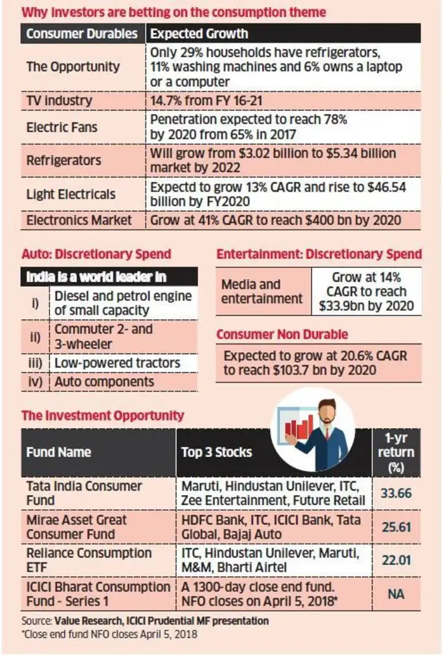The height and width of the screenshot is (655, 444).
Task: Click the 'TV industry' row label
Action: (x=59, y=101)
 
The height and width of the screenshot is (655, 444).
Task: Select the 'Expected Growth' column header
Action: (x=199, y=34)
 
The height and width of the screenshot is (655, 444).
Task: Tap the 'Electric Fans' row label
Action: (x=62, y=127)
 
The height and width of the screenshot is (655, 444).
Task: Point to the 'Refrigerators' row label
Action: (x=63, y=161)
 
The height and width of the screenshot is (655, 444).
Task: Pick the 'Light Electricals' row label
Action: (x=70, y=194)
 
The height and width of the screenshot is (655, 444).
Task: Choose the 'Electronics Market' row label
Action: (x=79, y=220)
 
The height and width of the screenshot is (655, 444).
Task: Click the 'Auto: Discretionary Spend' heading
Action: (x=96, y=254)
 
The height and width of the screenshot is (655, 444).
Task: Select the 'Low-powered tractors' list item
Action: (x=117, y=363)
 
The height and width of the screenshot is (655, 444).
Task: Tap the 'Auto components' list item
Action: (x=104, y=381)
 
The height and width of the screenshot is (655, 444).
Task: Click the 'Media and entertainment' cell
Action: (x=261, y=291)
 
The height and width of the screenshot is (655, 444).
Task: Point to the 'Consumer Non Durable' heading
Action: (x=282, y=334)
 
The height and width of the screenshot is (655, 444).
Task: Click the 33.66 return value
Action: (x=396, y=493)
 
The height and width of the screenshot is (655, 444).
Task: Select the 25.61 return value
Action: (x=396, y=527)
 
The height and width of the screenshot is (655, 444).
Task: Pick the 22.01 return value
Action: (x=396, y=560)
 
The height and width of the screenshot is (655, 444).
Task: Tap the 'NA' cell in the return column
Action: (x=396, y=593)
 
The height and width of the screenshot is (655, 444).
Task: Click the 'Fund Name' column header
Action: (x=58, y=452)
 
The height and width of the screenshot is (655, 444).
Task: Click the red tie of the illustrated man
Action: (x=327, y=433)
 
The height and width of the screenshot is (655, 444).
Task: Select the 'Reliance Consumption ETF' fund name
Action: (x=89, y=560)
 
